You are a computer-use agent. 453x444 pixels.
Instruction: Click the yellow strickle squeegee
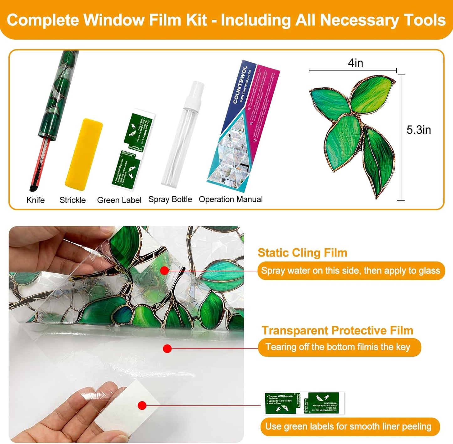pos(84,154)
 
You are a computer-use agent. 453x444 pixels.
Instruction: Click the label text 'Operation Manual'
pos(231,199)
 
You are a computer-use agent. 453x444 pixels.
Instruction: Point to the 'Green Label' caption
pos(119,200)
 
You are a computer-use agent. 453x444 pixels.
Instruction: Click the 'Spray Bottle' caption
pos(170,199)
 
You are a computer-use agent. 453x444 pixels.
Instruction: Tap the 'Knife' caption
pos(35,200)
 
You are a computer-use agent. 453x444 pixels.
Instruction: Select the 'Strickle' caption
pos(72,200)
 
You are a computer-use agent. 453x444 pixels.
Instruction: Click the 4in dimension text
pos(356,63)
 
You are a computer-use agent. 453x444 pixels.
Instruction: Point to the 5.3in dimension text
pos(419,130)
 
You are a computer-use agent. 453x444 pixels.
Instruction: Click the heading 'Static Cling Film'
pos(303,253)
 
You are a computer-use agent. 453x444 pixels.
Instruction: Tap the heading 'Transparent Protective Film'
pos(337,331)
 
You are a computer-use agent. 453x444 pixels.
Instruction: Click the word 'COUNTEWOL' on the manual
pos(240,85)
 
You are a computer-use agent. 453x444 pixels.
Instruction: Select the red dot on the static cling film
pos(164,271)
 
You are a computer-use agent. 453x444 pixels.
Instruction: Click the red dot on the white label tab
pos(142,405)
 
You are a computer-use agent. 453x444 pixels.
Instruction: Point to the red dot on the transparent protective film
pos(167,348)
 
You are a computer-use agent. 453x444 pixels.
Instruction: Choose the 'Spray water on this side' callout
pos(350,271)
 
